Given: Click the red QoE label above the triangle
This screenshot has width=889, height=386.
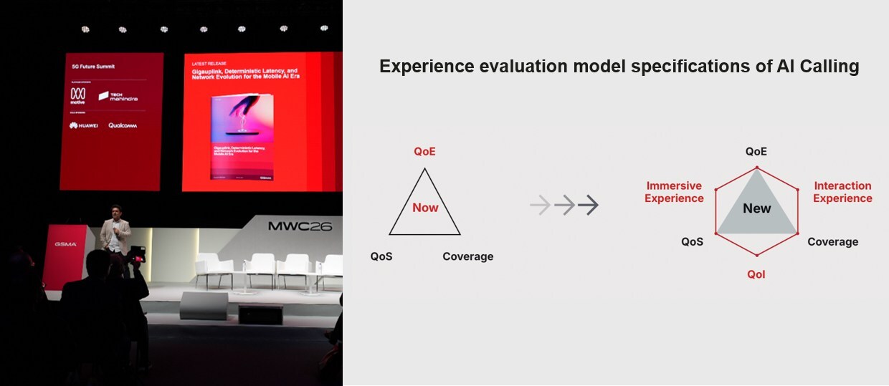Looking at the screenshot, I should tap(424, 152).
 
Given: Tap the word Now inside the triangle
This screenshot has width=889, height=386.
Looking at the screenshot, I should tap(425, 208).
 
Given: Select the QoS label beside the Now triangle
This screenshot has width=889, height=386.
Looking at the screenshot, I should tap(381, 256).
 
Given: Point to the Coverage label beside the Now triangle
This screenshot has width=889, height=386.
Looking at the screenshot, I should tap(467, 256).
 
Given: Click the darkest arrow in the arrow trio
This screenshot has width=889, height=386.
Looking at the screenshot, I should tap(588, 206).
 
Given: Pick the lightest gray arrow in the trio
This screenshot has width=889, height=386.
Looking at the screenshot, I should tap(540, 206).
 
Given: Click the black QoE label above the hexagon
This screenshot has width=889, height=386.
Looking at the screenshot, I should tap(756, 152).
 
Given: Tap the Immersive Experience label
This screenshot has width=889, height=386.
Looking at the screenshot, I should tap(674, 192).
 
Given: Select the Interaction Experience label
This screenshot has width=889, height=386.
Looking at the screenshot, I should tap(842, 192).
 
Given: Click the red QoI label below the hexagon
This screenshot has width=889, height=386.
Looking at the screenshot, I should tap(756, 274).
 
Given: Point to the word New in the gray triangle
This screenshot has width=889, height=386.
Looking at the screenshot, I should tap(756, 208).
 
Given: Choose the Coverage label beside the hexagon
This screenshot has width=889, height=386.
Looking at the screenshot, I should tap(832, 242).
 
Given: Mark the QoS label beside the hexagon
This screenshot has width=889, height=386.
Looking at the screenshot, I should tap(692, 242).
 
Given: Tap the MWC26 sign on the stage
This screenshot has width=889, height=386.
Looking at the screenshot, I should tap(300, 226).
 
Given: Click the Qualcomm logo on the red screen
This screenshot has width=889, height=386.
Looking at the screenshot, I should tap(123, 125).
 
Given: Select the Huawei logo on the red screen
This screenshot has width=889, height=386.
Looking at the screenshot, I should tap(84, 125).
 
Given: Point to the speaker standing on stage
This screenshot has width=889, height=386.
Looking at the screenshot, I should tap(115, 233).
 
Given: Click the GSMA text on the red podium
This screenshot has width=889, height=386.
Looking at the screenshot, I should tap(65, 244).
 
